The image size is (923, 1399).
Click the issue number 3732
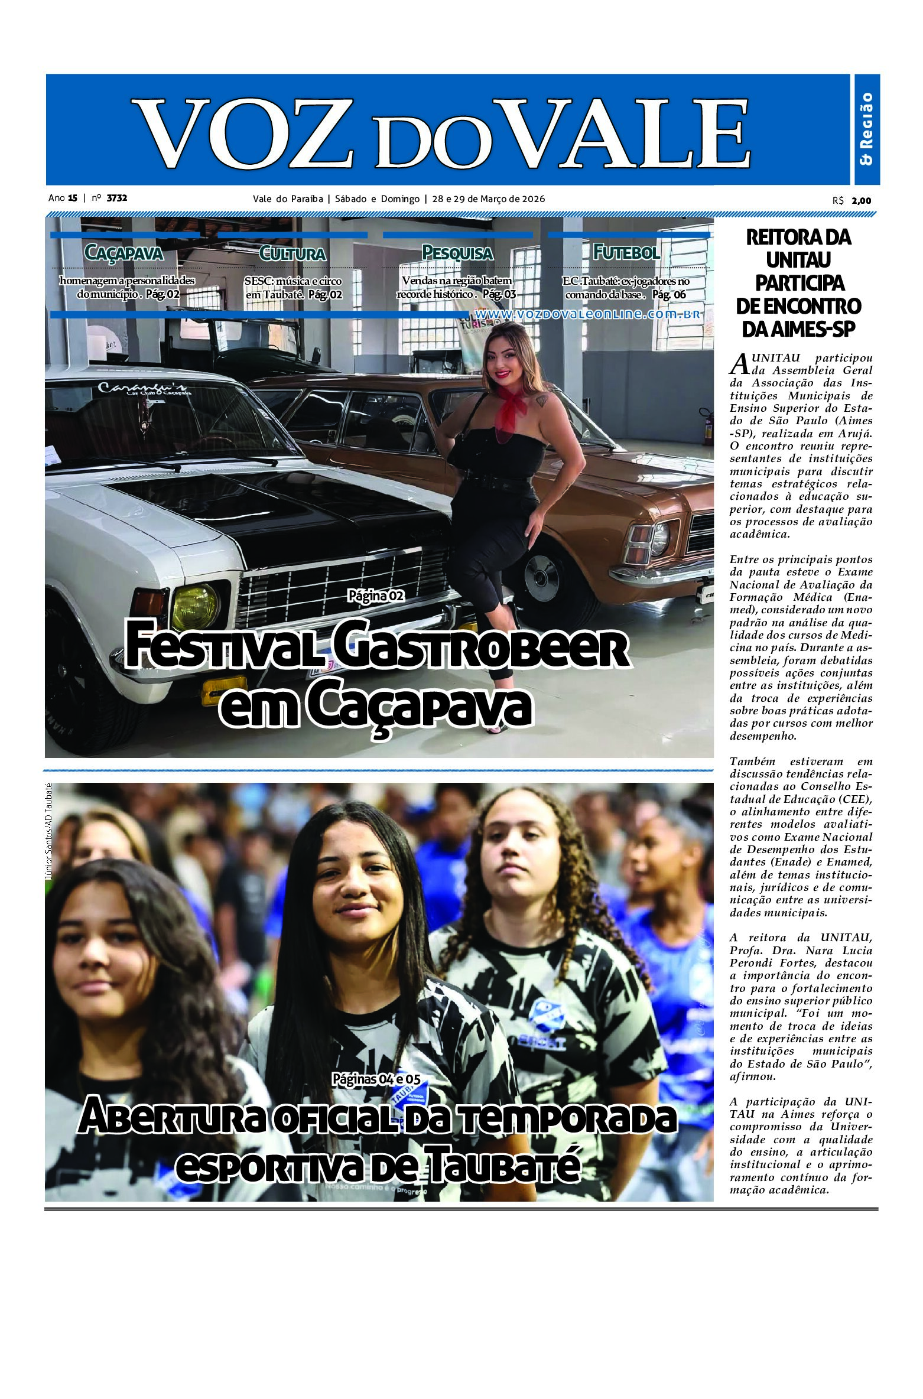click(x=116, y=199)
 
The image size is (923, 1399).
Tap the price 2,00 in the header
click(x=861, y=200)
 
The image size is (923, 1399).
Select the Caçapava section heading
click(x=123, y=253)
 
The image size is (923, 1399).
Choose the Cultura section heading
click(x=292, y=253)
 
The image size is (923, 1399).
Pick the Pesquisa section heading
click(x=457, y=253)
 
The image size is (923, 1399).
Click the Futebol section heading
click(x=626, y=252)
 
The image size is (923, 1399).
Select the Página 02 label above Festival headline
click(x=376, y=596)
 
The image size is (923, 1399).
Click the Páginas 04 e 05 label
click(x=376, y=1079)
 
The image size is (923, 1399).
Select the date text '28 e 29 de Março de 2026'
click(x=488, y=199)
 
